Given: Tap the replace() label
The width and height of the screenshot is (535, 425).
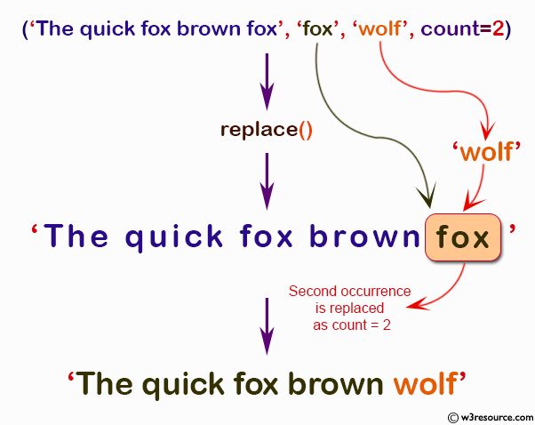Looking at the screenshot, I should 267,129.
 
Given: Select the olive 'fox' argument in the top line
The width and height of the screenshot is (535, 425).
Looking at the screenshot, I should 316,29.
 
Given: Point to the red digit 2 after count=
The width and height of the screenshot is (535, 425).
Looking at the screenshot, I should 499,29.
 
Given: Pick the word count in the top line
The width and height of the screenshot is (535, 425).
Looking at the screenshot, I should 450,29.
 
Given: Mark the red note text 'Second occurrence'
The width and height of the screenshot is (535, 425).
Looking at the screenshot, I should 349,291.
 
